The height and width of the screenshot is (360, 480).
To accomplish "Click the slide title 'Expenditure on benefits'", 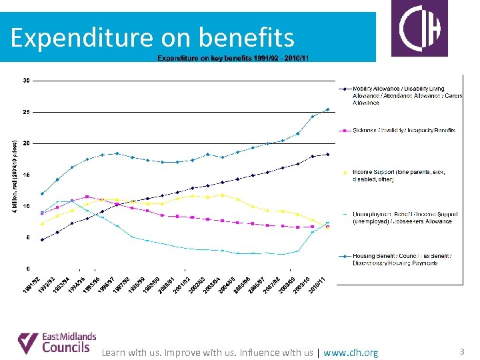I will [x=153, y=37].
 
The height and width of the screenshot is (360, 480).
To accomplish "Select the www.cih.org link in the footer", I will [x=351, y=353].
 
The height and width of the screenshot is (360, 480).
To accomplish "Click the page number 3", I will [x=463, y=351].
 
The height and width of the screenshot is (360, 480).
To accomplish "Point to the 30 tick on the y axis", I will [x=26, y=81].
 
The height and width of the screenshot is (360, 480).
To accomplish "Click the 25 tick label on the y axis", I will [x=26, y=112].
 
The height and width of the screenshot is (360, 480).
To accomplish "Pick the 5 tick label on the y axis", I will [x=27, y=237].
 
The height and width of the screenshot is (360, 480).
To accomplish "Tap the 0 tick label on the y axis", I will [x=27, y=269].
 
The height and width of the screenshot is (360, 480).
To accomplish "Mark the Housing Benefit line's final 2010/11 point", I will [x=327, y=109].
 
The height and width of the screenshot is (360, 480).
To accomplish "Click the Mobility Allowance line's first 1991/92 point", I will [x=43, y=239].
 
